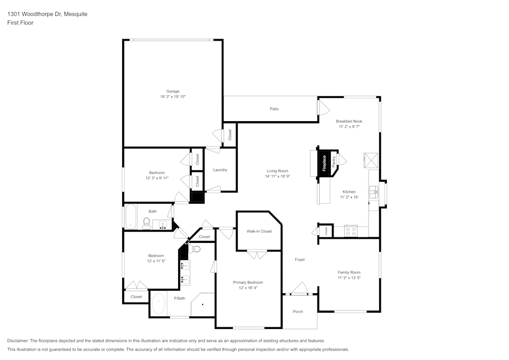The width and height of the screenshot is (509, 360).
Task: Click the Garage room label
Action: click(173, 91)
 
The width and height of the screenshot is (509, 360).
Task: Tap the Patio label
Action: click(274, 109)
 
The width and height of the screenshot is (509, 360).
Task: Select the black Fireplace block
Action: click(324, 163)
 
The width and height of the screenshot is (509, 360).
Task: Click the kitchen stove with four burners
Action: click(351, 231)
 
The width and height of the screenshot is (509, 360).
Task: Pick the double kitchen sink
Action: click(374, 192)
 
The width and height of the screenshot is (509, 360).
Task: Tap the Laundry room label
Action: click(220, 170)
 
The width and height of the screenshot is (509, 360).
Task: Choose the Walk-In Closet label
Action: click(259, 231)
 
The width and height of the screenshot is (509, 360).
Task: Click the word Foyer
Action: click(300, 260)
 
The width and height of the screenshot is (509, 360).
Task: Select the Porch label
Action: click(298, 312)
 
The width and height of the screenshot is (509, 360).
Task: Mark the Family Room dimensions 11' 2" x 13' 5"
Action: click(349, 278)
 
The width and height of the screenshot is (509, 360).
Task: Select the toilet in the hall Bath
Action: click(147, 223)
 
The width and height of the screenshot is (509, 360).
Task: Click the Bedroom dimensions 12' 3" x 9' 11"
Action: click(157, 178)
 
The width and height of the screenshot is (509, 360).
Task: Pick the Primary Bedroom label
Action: click(248, 282)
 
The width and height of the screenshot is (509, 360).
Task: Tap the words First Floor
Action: click(20, 23)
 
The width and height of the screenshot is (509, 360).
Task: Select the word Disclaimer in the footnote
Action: click(18, 341)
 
